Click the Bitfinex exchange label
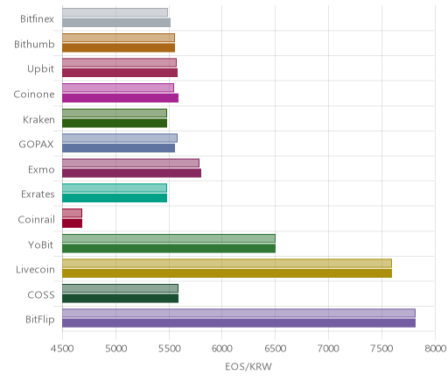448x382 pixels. tap(37, 19)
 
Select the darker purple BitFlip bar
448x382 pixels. tap(239, 323)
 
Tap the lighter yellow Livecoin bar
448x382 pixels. tap(227, 263)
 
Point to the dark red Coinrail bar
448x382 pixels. tap(72, 223)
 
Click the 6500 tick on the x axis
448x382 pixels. tap(275, 349)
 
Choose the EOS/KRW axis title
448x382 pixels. tap(248, 366)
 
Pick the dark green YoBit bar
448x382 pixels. tap(169, 248)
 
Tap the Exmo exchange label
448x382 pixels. tap(41, 170)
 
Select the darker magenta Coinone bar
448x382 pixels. tap(120, 98)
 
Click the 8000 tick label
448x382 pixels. tap(435, 349)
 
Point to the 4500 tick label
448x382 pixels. tap(62, 349)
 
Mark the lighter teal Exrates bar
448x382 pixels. tap(115, 187)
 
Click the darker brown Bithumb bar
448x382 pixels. tap(118, 47)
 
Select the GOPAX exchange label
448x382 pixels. tap(36, 145)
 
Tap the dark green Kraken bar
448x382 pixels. tap(115, 123)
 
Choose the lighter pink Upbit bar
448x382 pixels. tap(119, 63)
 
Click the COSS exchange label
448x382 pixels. tap(41, 294)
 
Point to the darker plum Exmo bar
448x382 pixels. tap(131, 173)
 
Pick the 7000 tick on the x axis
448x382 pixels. tap(328, 349)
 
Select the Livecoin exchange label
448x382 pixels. tap(35, 270)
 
